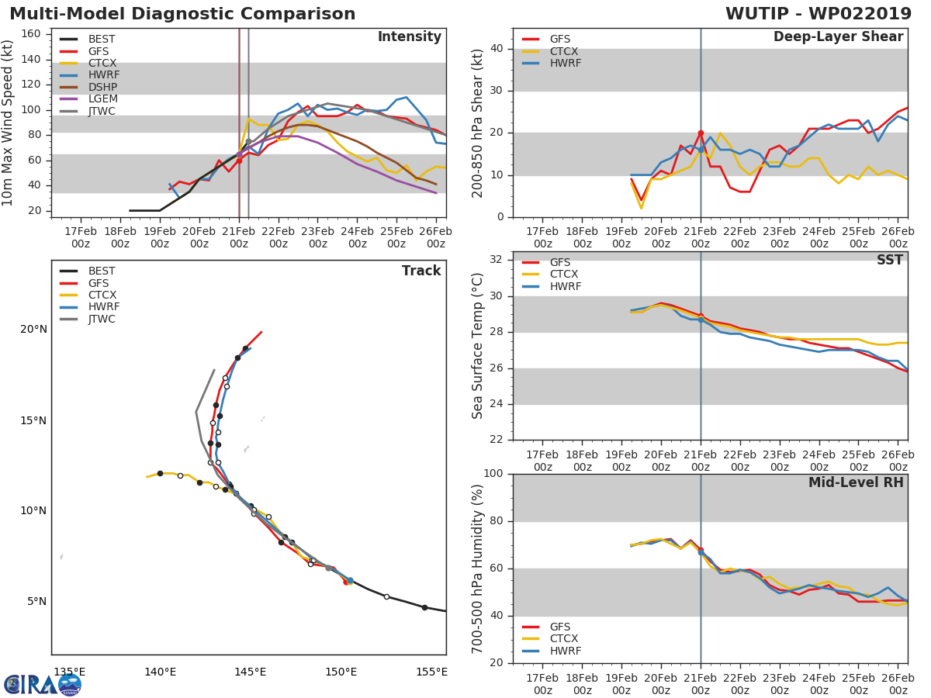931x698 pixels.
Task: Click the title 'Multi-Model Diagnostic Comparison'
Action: tap(182, 14)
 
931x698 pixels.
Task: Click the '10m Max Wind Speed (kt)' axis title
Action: tap(9, 123)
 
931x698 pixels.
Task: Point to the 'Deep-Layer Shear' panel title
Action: tap(838, 37)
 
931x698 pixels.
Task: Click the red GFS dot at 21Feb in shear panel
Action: tap(701, 133)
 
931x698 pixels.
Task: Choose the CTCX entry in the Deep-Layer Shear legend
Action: tap(565, 51)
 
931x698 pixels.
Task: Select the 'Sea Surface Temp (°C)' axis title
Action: tap(479, 346)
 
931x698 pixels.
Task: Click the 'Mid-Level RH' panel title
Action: tap(856, 482)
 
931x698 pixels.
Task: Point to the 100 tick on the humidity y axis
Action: tap(493, 474)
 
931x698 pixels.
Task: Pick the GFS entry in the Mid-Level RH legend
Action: tap(559, 627)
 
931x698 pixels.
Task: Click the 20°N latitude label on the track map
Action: tap(33, 330)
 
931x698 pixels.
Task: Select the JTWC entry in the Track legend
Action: tap(102, 320)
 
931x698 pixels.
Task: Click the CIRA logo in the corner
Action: tap(43, 684)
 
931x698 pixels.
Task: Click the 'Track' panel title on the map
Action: tap(421, 271)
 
